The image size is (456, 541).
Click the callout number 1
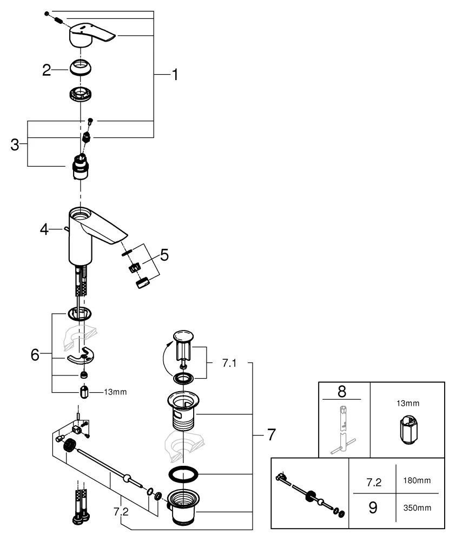(x=174, y=75)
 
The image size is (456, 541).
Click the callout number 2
(x=47, y=70)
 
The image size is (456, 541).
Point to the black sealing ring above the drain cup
(x=183, y=474)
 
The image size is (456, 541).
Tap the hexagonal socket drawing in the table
(x=408, y=432)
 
